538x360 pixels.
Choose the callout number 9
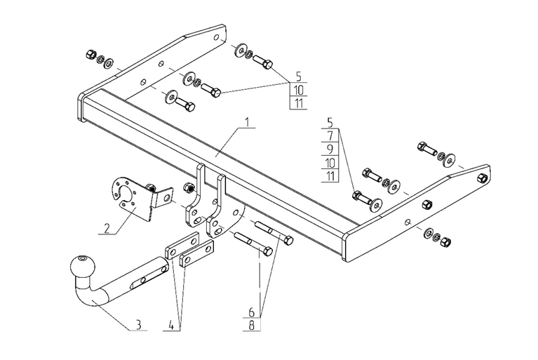click(x=330, y=150)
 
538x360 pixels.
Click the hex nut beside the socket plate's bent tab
click(x=187, y=188)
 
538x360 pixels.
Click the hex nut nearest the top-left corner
click(x=89, y=54)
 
